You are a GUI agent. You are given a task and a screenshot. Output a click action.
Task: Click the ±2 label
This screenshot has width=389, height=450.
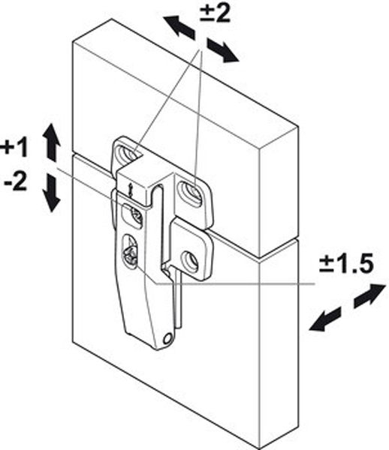coord(216,13)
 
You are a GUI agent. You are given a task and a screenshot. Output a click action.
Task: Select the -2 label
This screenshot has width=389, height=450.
coord(17,181)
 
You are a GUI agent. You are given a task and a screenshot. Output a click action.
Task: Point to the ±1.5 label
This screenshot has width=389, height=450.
coord(346,263)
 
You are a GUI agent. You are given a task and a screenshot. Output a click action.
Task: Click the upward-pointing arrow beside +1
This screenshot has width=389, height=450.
coord(51,142)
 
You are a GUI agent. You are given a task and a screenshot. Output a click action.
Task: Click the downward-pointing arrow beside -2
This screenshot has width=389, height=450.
coord(51,193)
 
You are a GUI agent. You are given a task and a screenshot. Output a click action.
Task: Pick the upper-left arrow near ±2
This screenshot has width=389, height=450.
coord(179,27)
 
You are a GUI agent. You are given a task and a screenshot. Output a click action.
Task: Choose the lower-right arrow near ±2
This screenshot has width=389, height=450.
coord(222,50)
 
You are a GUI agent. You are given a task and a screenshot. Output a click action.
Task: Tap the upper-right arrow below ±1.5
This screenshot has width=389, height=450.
coord(369,296)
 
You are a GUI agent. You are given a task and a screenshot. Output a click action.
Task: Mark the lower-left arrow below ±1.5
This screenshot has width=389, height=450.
coord(324,319)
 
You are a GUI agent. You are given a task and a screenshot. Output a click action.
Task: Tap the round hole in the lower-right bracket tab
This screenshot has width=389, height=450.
coord(189,261)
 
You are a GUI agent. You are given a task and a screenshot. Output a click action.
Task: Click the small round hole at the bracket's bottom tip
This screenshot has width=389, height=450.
coord(167,339)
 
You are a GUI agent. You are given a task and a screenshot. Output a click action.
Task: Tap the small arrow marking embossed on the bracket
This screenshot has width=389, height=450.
coord(131,190)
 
